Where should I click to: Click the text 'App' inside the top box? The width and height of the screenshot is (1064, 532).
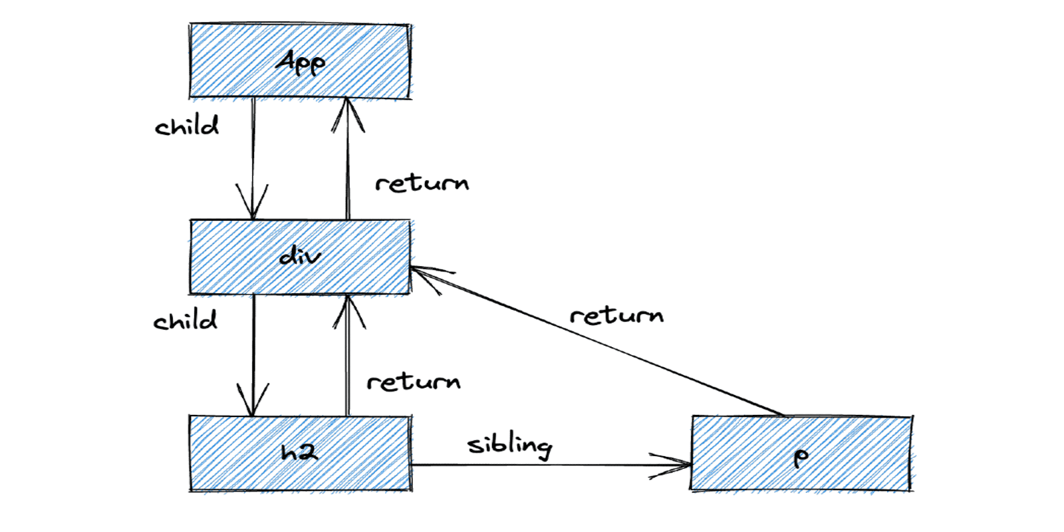coord(301,63)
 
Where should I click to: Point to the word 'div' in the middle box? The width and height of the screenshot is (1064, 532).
coord(300,256)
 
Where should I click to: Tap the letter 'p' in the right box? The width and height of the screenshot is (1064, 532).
coord(801,456)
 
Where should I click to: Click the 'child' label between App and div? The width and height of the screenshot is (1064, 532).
coord(186,126)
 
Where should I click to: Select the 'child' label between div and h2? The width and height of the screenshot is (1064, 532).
coord(185,321)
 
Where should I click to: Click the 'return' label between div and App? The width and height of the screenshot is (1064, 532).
coord(422,183)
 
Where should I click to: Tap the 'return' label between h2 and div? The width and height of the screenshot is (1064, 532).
coord(413,382)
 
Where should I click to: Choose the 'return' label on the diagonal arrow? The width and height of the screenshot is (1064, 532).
coord(616,315)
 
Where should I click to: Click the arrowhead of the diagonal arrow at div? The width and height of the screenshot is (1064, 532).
coord(426,275)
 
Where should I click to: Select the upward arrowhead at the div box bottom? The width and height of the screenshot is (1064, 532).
coord(348,310)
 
